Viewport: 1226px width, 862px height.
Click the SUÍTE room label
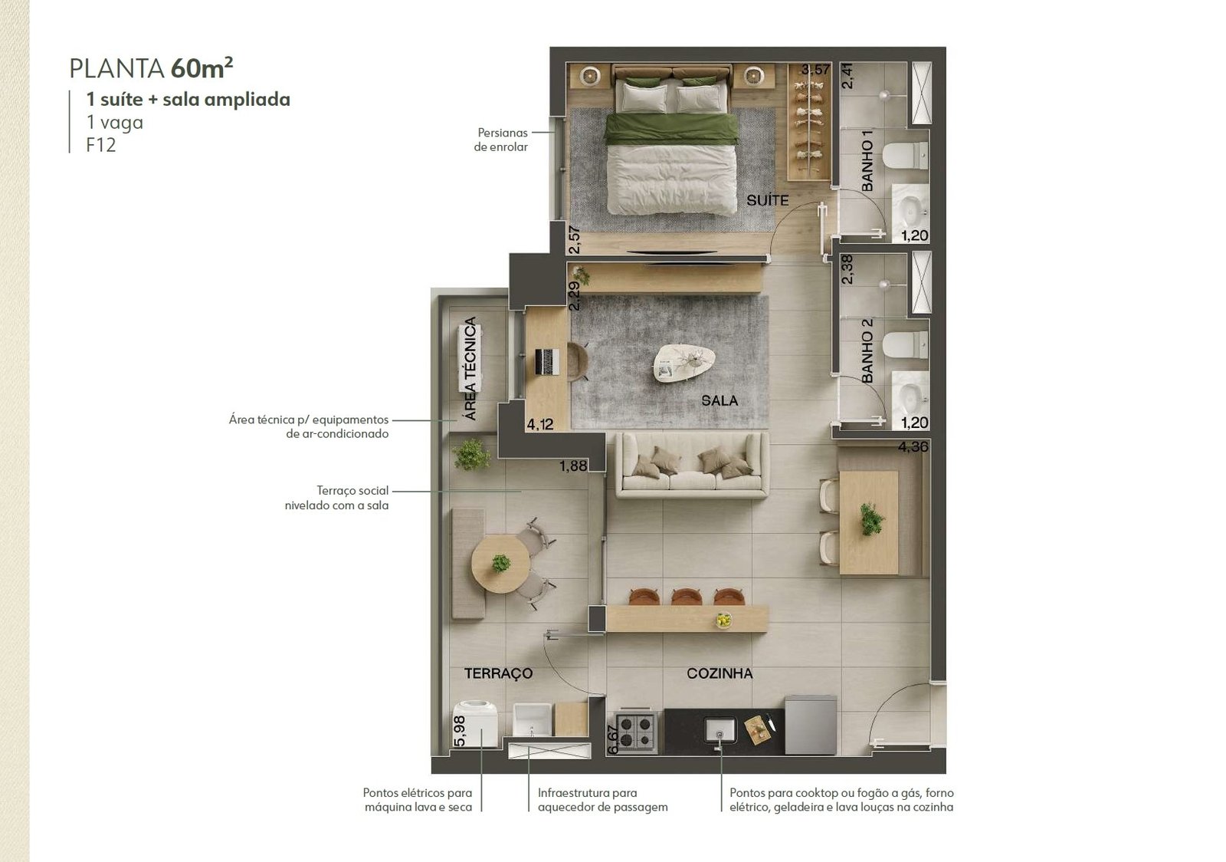(767, 200)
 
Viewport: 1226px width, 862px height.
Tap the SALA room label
(720, 401)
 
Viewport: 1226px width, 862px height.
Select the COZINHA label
(720, 673)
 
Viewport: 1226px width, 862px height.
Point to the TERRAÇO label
(498, 673)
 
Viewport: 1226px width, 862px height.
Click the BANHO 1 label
(867, 161)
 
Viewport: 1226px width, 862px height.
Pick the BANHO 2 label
(867, 351)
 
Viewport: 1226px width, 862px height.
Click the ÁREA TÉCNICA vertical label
(470, 369)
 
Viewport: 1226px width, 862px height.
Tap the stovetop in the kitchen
(636, 732)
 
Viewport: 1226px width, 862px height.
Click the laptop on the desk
(547, 362)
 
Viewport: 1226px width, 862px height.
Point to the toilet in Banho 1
(905, 156)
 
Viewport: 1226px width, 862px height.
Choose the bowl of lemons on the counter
(723, 620)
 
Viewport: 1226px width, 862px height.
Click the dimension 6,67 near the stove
(613, 739)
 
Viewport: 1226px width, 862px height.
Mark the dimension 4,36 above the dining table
(913, 447)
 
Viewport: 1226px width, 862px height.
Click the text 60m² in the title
(202, 68)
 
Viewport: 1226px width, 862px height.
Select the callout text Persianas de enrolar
(501, 140)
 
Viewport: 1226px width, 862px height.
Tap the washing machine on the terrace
(475, 724)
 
